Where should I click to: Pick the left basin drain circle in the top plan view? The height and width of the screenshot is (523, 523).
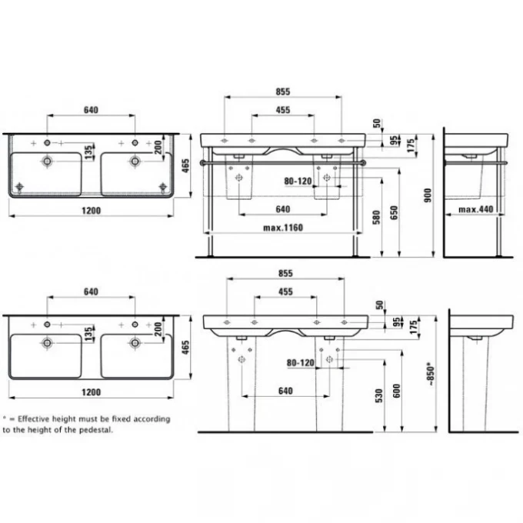click(48, 160)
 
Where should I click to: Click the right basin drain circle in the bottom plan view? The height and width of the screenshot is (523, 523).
click(135, 341)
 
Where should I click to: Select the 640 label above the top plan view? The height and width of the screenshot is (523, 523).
click(91, 110)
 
